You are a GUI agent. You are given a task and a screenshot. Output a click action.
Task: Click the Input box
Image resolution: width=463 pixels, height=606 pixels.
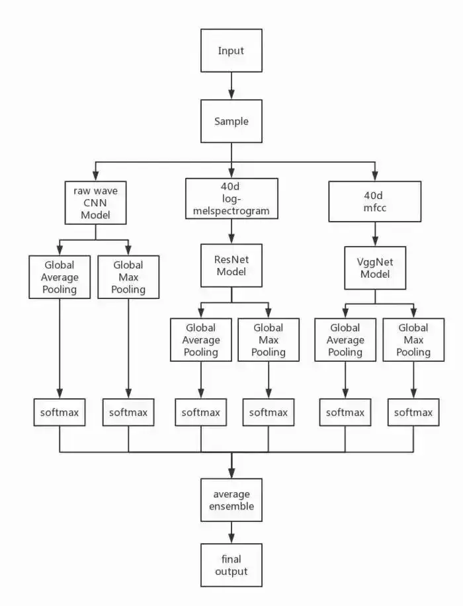pyautogui.click(x=231, y=50)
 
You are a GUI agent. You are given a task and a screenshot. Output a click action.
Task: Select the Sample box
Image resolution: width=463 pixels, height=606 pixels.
pyautogui.click(x=231, y=122)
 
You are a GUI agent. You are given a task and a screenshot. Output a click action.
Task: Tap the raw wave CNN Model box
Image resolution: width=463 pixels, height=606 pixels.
pyautogui.click(x=95, y=203)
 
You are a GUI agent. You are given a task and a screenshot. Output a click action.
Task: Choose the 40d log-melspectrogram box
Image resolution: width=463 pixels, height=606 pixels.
pyautogui.click(x=231, y=198)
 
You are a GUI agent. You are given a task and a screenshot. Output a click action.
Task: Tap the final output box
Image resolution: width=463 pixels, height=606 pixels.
pyautogui.click(x=231, y=565)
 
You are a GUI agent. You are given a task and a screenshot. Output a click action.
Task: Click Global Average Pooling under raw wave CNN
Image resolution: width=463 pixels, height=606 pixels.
pyautogui.click(x=60, y=277)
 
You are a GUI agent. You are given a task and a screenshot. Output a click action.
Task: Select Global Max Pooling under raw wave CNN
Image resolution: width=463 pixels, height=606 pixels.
pyautogui.click(x=128, y=277)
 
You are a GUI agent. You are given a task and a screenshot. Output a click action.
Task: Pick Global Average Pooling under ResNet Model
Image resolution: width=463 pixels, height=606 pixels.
pyautogui.click(x=201, y=339)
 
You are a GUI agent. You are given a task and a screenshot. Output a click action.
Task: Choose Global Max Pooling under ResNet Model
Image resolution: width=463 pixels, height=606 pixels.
pyautogui.click(x=268, y=339)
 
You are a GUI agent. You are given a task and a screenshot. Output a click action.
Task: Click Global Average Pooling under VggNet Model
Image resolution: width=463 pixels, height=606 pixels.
pyautogui.click(x=345, y=339)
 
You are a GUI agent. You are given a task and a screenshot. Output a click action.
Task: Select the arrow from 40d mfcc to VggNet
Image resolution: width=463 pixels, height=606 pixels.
pyautogui.click(x=376, y=234)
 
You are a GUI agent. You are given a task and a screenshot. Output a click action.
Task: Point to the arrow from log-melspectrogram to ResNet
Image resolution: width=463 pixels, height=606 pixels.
pyautogui.click(x=231, y=231)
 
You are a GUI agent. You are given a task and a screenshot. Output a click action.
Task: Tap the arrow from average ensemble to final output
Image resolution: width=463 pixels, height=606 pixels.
pyautogui.click(x=231, y=532)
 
